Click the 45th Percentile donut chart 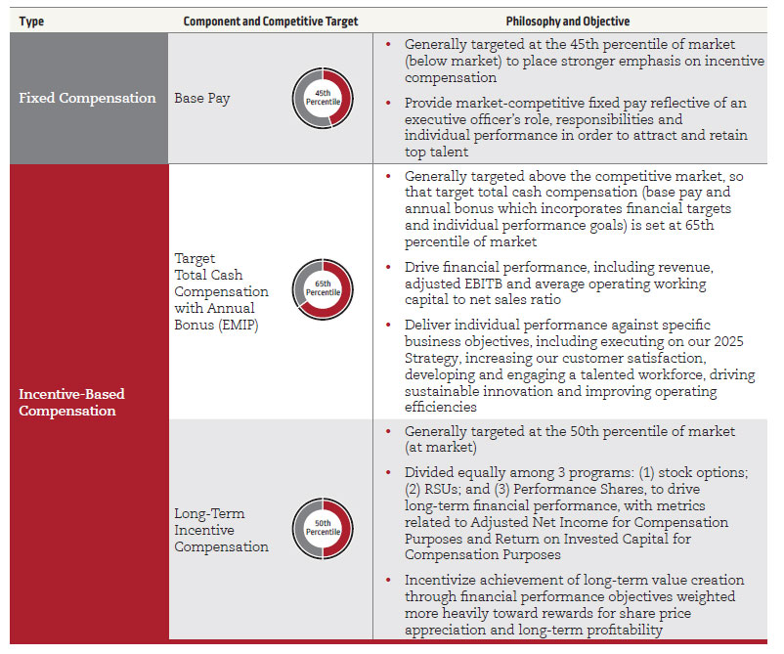(322, 99)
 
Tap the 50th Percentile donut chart (322, 529)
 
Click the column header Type (31, 22)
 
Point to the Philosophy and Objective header (568, 22)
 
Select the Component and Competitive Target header (271, 22)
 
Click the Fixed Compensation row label (87, 98)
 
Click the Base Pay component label (203, 98)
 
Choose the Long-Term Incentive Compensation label (221, 530)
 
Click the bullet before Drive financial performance (390, 268)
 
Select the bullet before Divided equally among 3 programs (390, 472)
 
